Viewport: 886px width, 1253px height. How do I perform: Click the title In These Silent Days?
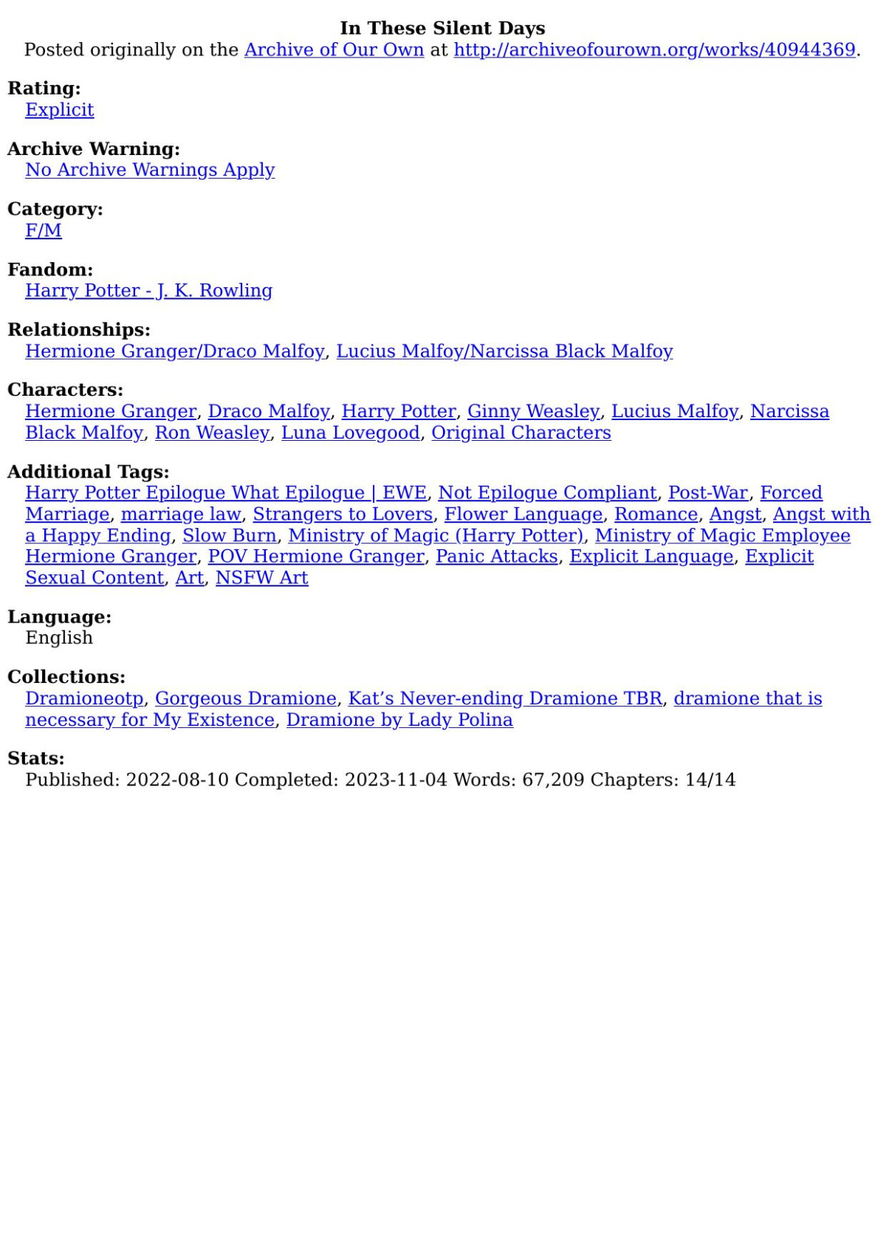pyautogui.click(x=442, y=28)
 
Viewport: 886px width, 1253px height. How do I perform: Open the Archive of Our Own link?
pyautogui.click(x=334, y=49)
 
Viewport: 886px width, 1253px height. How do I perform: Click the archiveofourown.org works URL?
pyautogui.click(x=654, y=49)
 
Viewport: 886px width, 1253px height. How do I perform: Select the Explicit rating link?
pyautogui.click(x=60, y=109)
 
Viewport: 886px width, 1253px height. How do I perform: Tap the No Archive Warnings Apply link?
pyautogui.click(x=150, y=169)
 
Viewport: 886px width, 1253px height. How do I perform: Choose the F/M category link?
pyautogui.click(x=44, y=230)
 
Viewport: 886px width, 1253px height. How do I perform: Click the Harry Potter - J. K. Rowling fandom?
pyautogui.click(x=148, y=290)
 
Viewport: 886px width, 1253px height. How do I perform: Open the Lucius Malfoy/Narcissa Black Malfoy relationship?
pyautogui.click(x=504, y=351)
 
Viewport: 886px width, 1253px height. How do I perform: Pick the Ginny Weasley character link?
pyautogui.click(x=533, y=411)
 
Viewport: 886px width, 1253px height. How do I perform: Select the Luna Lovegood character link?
pyautogui.click(x=350, y=432)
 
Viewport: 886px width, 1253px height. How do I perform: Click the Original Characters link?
pyautogui.click(x=521, y=432)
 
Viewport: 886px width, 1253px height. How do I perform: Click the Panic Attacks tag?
pyautogui.click(x=496, y=556)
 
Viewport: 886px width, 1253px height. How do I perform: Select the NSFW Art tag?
pyautogui.click(x=261, y=577)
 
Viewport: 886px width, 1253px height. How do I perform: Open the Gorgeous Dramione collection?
pyautogui.click(x=245, y=698)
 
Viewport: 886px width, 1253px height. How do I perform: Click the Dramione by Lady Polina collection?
pyautogui.click(x=399, y=719)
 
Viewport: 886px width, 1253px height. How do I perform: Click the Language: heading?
pyautogui.click(x=59, y=617)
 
